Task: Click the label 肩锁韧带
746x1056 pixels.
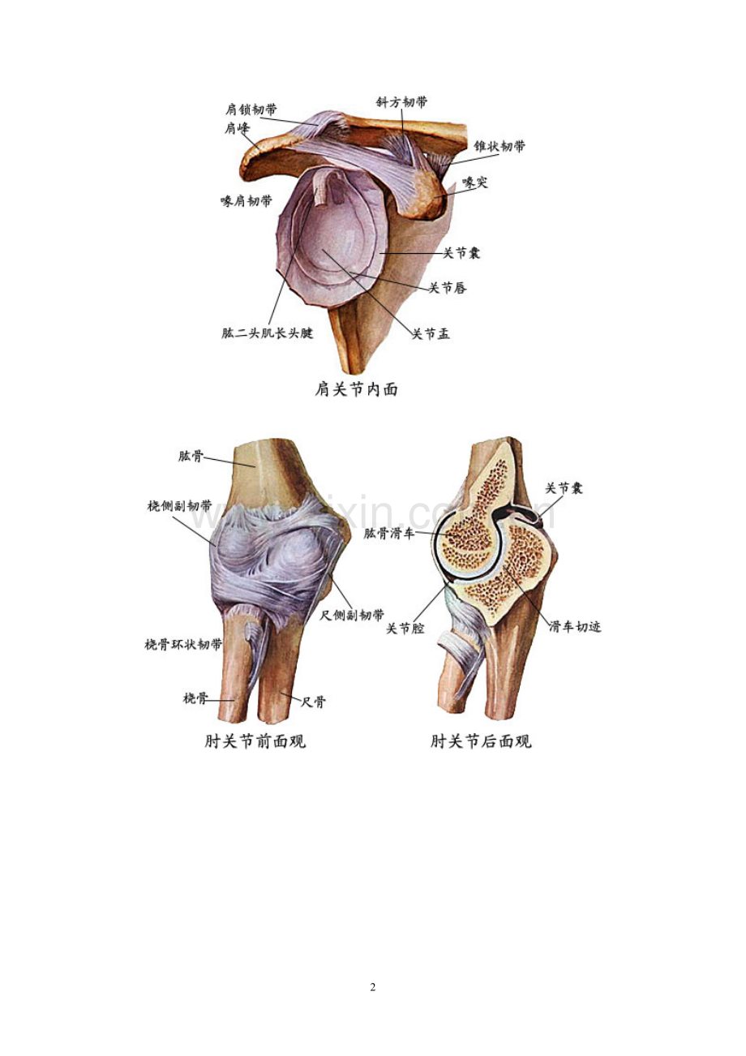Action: (x=251, y=109)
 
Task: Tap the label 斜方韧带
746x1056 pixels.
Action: (x=401, y=102)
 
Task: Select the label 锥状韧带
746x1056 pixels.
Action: (x=499, y=146)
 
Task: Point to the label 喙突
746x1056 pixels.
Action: (x=474, y=182)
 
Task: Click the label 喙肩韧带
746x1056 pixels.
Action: (x=247, y=201)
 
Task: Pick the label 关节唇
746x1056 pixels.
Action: (x=448, y=287)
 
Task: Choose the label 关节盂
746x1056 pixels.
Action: (x=431, y=334)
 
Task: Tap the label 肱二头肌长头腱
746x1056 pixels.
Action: (x=268, y=333)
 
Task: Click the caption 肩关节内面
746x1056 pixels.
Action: (x=356, y=390)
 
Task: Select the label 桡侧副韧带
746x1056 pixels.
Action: (x=179, y=506)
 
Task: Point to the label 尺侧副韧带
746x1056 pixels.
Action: (x=352, y=615)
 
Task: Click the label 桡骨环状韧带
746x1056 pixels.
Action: (x=182, y=645)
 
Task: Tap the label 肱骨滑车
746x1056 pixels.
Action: (x=388, y=534)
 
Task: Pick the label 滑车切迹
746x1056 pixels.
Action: (x=575, y=627)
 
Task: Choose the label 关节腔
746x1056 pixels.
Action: (x=405, y=629)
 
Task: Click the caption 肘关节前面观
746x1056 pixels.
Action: (x=255, y=740)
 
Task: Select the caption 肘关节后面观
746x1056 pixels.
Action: (x=481, y=740)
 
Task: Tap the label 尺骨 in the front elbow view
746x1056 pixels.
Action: (x=313, y=702)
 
